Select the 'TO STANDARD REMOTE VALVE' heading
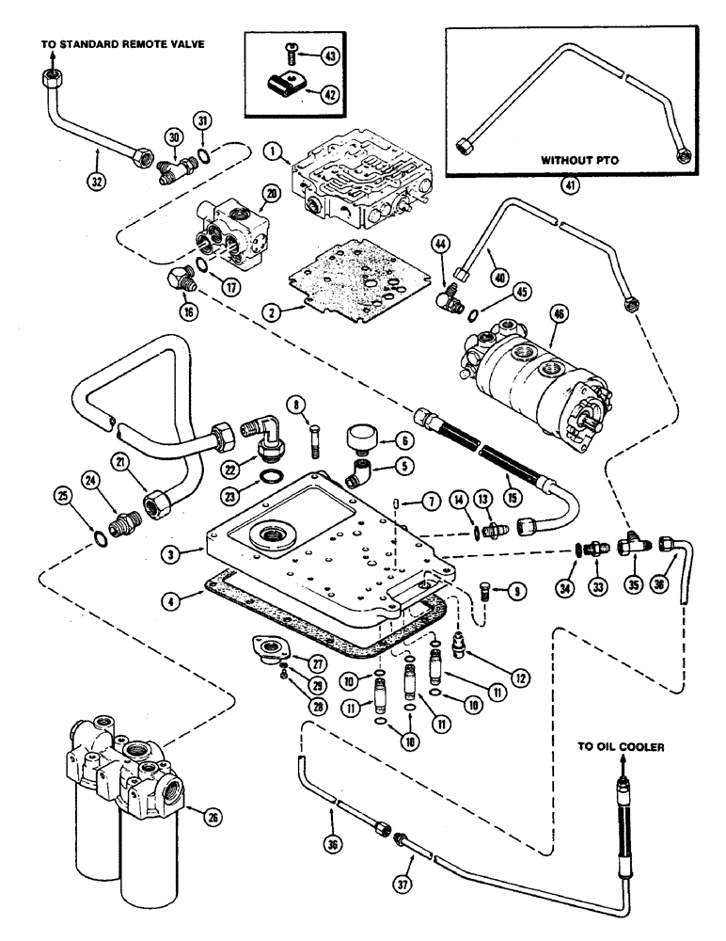click(x=121, y=43)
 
